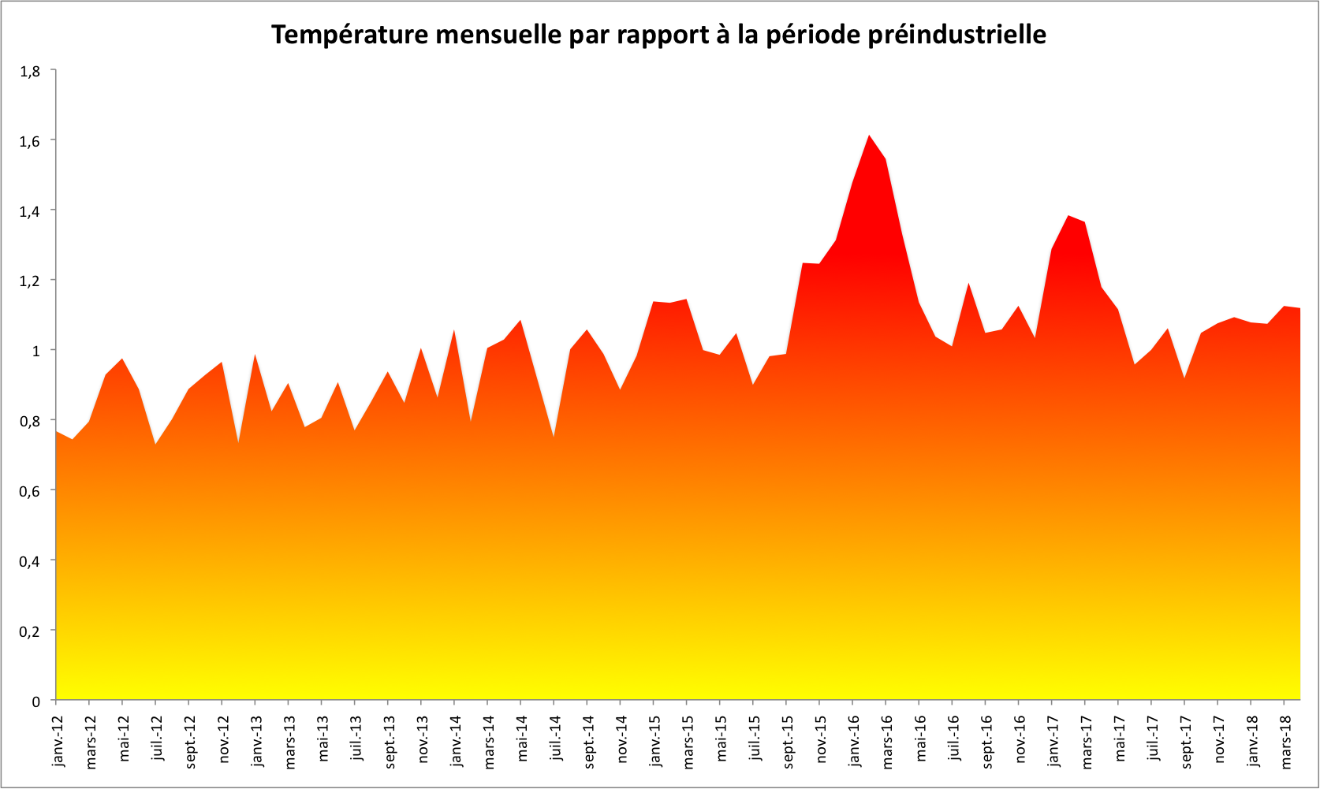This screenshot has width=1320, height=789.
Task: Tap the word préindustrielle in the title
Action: pyautogui.click(x=957, y=35)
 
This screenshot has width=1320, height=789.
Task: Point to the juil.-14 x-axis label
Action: pyautogui.click(x=555, y=741)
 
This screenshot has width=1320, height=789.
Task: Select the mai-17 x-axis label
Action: pyautogui.click(x=1119, y=741)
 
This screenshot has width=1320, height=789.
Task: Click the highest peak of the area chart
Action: pyautogui.click(x=869, y=136)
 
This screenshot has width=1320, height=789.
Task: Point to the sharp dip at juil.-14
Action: pyautogui.click(x=554, y=436)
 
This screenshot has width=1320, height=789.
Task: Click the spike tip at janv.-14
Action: pyautogui.click(x=454, y=331)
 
